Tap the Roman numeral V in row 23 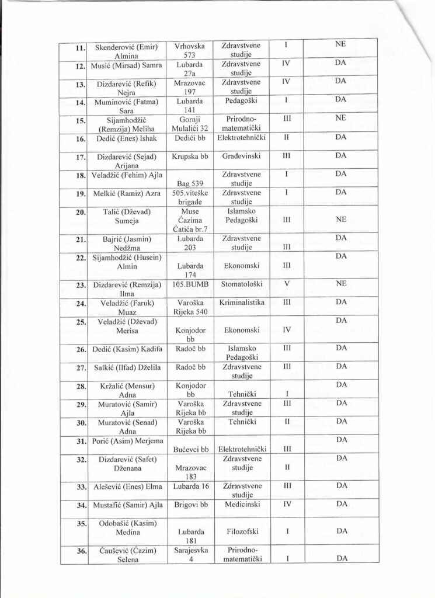point(286,284)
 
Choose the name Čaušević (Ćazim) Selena point(125,555)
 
